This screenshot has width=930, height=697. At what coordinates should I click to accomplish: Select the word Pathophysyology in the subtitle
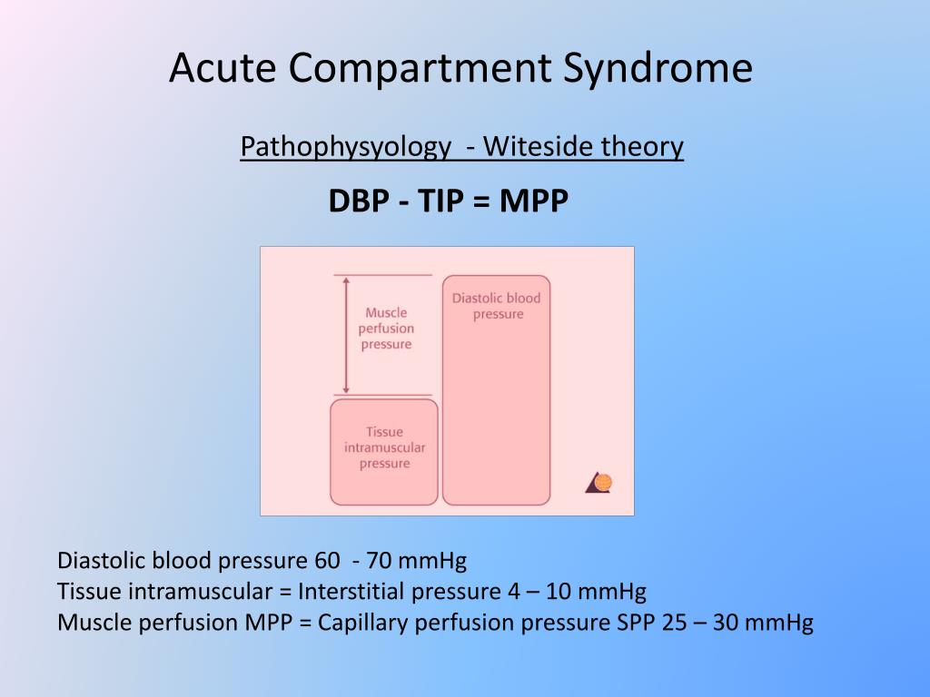[x=345, y=147]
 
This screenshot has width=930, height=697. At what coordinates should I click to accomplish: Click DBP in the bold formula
[x=359, y=201]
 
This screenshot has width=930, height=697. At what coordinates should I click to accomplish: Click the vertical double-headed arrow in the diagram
[x=344, y=334]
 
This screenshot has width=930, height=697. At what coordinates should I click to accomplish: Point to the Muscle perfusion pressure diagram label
[x=386, y=329]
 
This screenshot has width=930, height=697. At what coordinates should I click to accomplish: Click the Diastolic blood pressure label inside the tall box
[x=497, y=306]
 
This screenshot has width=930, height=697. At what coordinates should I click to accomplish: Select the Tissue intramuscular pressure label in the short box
[x=384, y=447]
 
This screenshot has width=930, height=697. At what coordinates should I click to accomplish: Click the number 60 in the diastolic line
[x=327, y=561]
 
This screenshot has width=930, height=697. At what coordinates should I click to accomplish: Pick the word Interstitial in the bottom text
[x=352, y=592]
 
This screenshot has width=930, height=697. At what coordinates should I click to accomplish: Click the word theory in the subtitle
[x=646, y=146]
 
